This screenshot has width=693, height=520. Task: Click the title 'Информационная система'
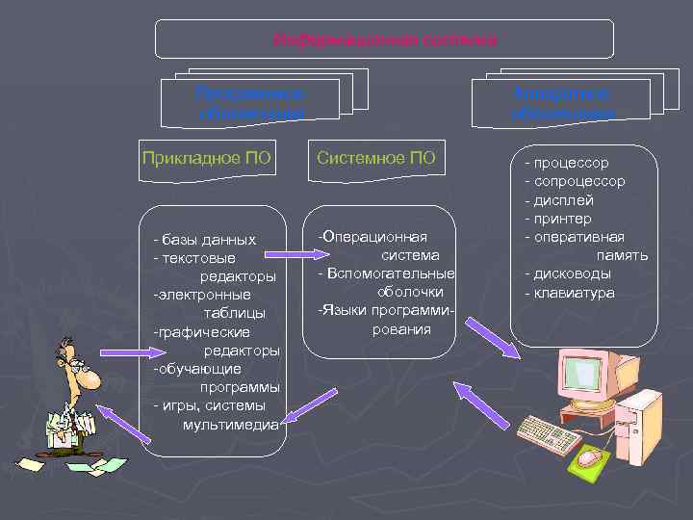point(385,39)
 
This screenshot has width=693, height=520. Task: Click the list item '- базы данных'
point(204,239)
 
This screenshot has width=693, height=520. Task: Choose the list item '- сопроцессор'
point(575,181)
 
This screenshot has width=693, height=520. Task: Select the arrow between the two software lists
point(293,255)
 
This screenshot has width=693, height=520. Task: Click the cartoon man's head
point(74,363)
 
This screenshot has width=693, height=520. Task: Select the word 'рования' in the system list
point(401,329)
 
